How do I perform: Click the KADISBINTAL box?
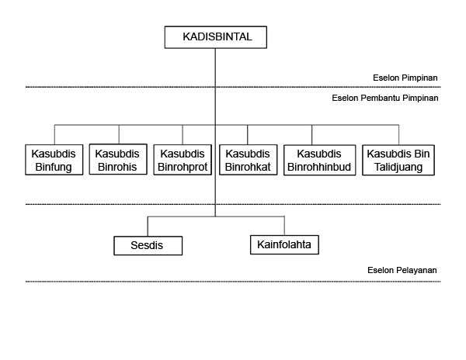click(216, 37)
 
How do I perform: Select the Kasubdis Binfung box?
click(54, 160)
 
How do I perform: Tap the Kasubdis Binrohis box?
click(118, 159)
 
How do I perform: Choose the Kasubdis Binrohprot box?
click(183, 160)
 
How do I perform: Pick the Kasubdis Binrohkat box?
click(249, 160)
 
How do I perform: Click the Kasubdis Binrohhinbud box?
click(320, 160)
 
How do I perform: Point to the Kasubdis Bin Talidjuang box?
click(398, 160)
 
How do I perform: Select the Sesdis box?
click(148, 246)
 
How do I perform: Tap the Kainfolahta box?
click(284, 245)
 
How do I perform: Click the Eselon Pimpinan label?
click(405, 78)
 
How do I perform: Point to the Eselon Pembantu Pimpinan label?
click(385, 98)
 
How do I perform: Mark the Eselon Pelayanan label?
click(402, 270)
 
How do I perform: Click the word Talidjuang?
click(398, 167)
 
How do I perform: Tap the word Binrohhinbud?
click(319, 167)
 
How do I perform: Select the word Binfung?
click(54, 167)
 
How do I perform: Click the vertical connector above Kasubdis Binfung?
click(54, 135)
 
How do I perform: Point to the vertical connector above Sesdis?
click(148, 227)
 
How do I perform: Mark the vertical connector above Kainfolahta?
click(284, 226)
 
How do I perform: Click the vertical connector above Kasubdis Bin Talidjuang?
click(398, 135)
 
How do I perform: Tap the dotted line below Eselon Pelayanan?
click(233, 282)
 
